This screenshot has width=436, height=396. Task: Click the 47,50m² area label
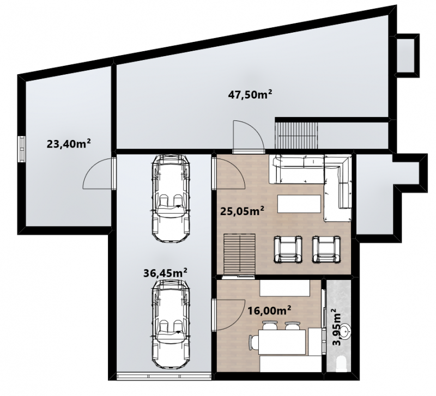click(250, 94)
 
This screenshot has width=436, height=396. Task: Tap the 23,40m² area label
click(69, 144)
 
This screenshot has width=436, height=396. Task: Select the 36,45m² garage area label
click(165, 272)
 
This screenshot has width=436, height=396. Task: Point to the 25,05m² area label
click(242, 211)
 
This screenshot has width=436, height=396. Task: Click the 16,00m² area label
click(269, 310)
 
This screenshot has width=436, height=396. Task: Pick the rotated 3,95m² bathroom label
click(337, 327)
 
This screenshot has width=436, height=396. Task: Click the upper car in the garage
click(171, 198)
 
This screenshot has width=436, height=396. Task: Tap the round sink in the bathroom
click(346, 331)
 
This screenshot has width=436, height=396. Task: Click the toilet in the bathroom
click(341, 364)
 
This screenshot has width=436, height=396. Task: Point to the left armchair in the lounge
click(288, 249)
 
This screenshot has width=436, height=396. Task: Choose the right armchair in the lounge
click(326, 249)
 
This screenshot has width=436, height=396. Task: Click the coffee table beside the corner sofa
click(299, 204)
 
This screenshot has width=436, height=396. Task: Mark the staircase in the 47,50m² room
click(296, 136)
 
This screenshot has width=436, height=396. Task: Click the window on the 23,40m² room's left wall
click(21, 149)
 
